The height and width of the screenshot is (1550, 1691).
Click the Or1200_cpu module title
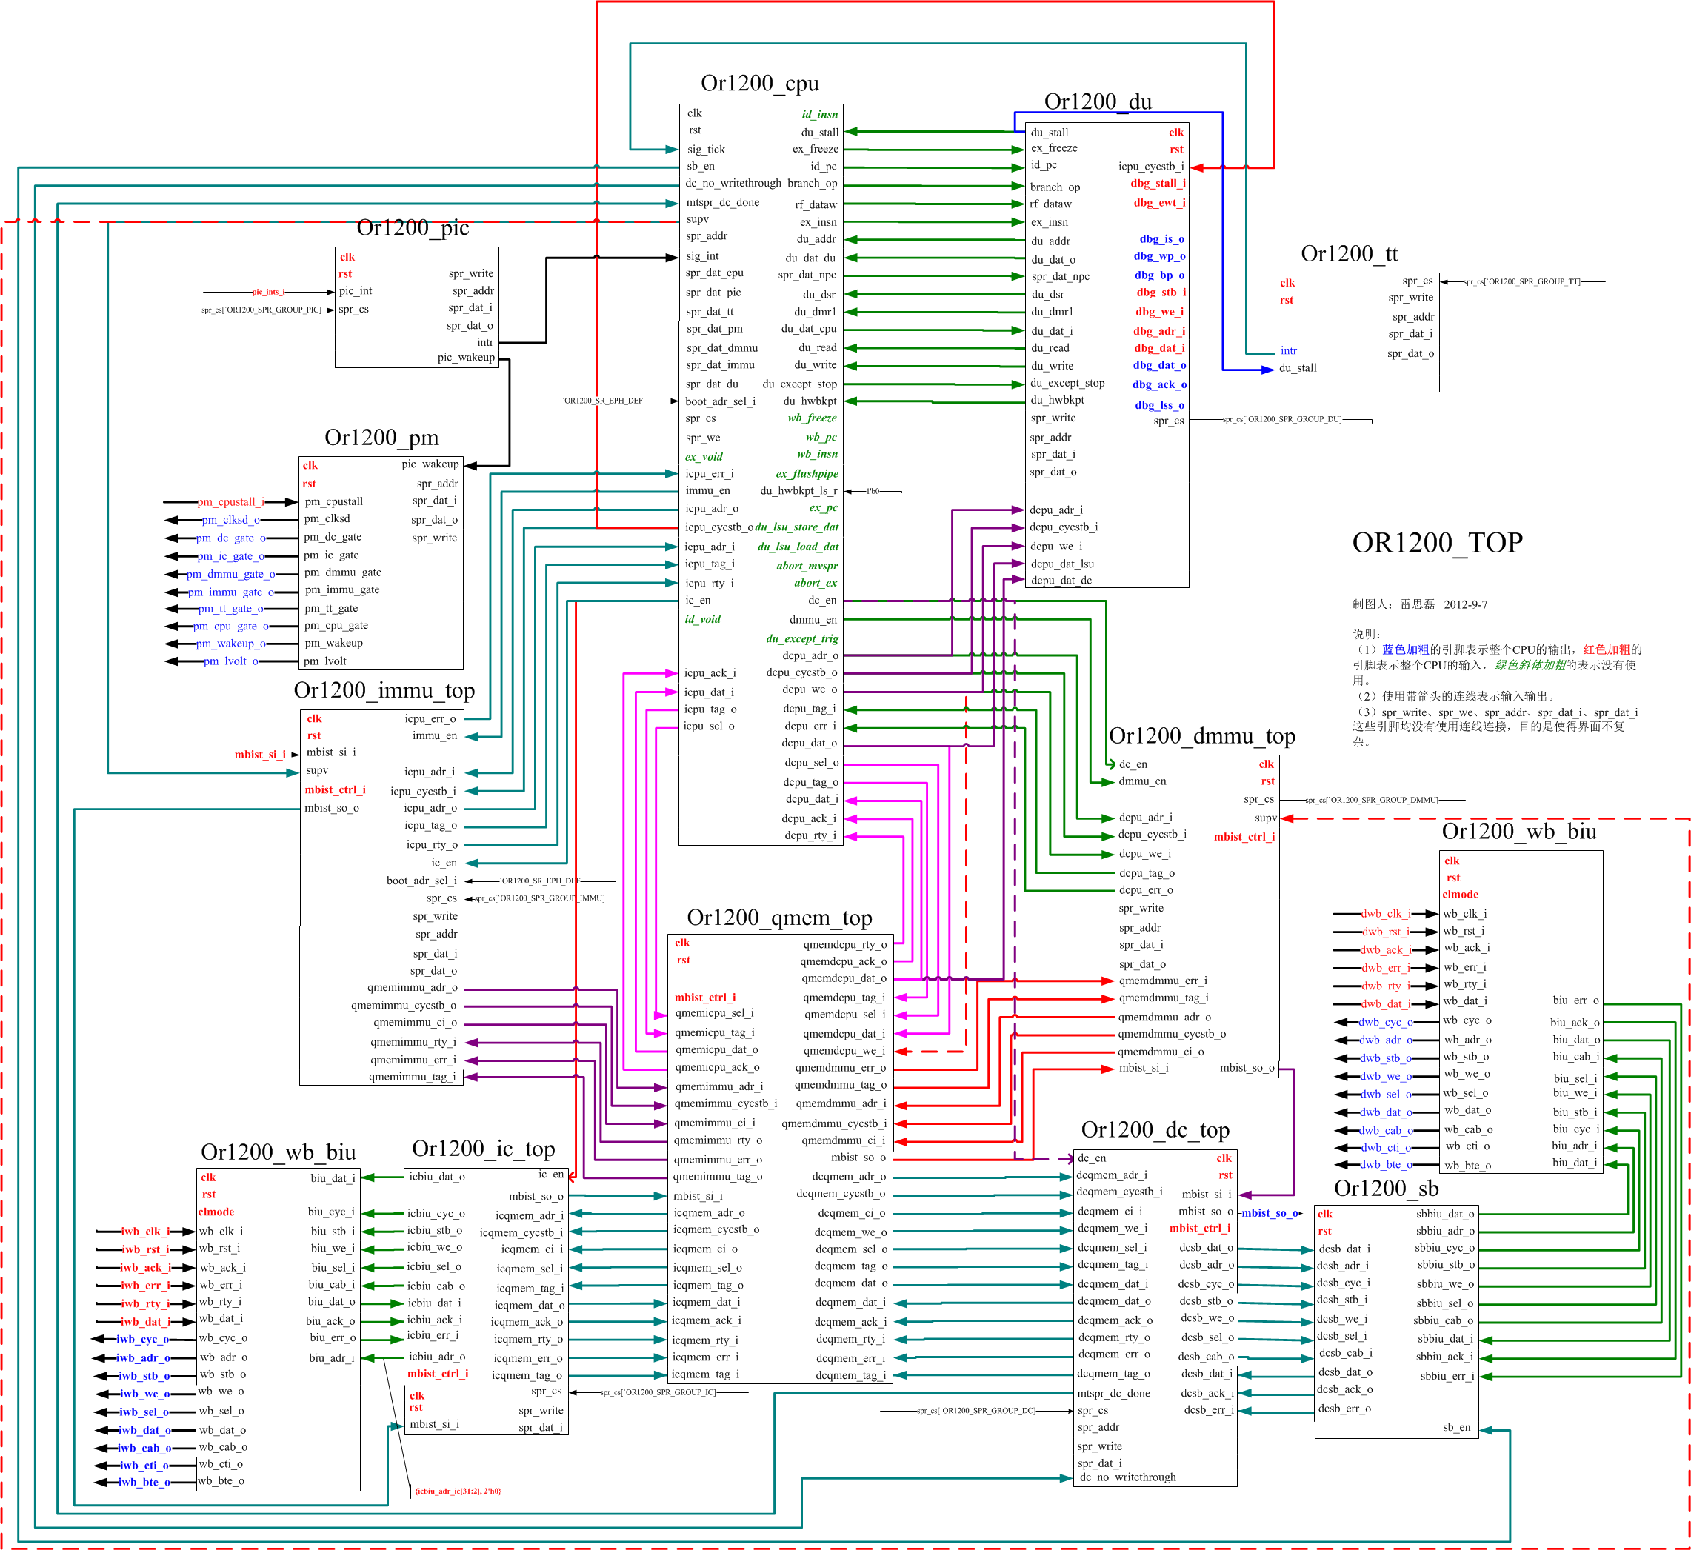click(759, 83)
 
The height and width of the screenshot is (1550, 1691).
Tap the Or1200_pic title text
click(413, 227)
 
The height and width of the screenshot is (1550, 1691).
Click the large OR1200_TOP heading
click(1437, 543)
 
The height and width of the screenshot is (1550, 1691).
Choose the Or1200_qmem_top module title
click(779, 918)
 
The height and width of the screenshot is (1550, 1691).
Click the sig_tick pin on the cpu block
click(707, 150)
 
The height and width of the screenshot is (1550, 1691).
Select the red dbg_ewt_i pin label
click(1159, 202)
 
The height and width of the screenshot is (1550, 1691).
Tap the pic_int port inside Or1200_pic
click(356, 291)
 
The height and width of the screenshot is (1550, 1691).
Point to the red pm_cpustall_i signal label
click(230, 501)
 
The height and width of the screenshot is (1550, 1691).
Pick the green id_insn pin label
click(819, 114)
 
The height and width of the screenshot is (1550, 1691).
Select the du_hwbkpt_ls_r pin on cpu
click(798, 491)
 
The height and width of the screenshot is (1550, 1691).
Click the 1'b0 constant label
click(873, 491)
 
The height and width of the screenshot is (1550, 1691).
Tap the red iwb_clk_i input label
click(145, 1232)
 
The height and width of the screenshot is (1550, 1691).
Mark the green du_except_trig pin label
click(802, 638)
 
